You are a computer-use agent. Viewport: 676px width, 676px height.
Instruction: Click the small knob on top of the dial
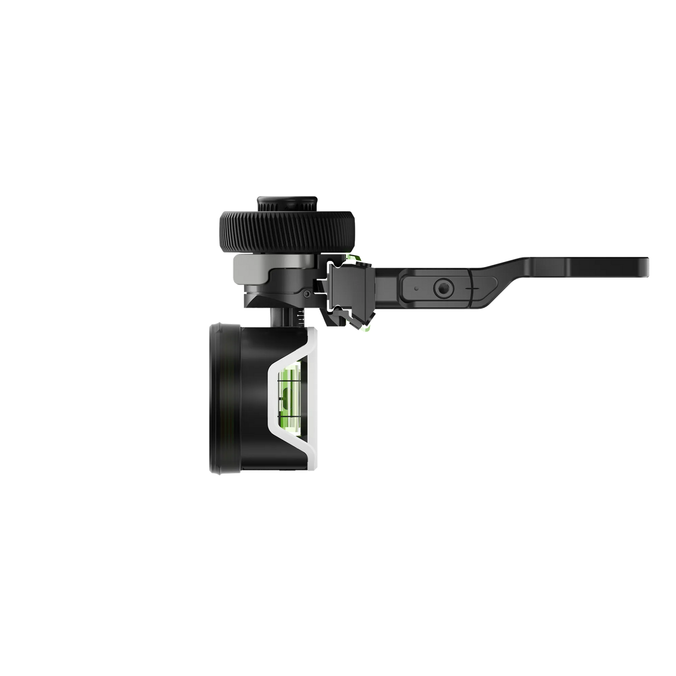[x=285, y=201]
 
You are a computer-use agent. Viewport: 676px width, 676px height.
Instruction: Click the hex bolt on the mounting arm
[x=442, y=288]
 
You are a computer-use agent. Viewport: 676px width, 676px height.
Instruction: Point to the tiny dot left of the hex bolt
[x=415, y=288]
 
